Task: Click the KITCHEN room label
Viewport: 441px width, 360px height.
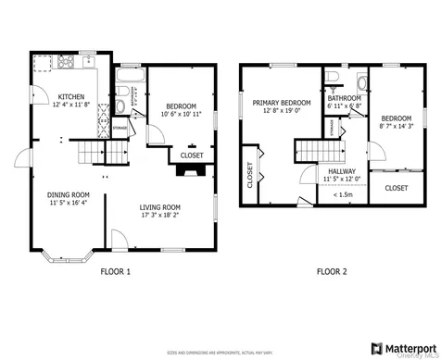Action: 72,96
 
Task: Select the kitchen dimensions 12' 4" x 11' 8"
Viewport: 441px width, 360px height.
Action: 72,105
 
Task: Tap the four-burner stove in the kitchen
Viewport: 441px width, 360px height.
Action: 66,64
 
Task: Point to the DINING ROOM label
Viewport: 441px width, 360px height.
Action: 69,194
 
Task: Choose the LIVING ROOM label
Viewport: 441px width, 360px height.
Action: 159,207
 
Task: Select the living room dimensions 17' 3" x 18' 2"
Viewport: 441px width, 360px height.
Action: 159,216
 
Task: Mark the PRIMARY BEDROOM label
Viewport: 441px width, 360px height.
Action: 282,103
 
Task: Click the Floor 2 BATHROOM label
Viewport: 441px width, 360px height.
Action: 344,97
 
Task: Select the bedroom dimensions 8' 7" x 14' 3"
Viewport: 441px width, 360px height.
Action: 396,127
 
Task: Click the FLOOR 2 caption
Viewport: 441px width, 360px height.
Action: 331,271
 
